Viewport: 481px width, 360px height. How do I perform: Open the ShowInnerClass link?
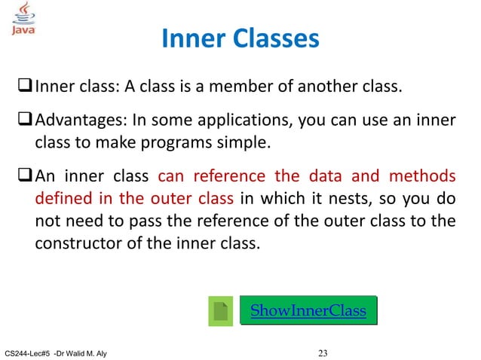pos(308,310)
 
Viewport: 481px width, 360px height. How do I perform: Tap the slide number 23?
pos(325,351)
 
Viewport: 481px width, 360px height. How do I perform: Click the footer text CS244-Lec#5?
pos(27,352)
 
